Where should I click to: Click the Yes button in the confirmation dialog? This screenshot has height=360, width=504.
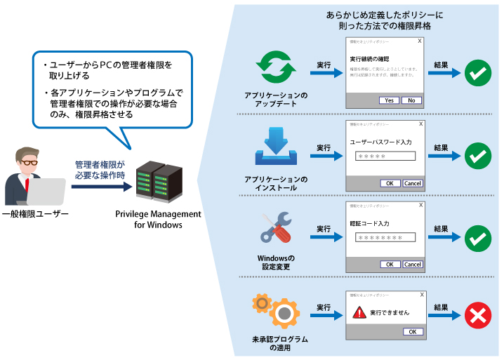point(388,100)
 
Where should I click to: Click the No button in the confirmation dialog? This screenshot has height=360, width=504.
point(412,100)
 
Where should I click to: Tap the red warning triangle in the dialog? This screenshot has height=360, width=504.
point(360,312)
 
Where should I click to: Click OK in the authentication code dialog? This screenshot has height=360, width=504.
point(388,265)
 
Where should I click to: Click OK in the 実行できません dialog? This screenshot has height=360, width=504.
point(413,331)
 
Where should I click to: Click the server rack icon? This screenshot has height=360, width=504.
point(158,182)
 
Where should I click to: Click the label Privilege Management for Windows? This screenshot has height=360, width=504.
point(158,220)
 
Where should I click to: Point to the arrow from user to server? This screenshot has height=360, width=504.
point(100,187)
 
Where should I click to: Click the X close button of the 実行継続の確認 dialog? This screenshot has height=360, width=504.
point(420,41)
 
